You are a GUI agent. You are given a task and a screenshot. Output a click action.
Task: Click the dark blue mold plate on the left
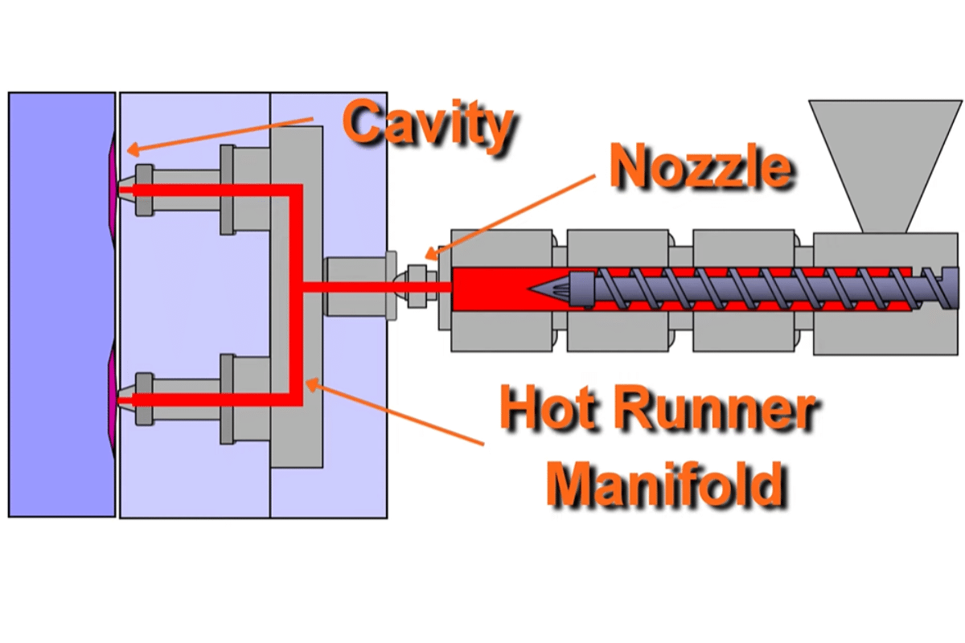[60, 305]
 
